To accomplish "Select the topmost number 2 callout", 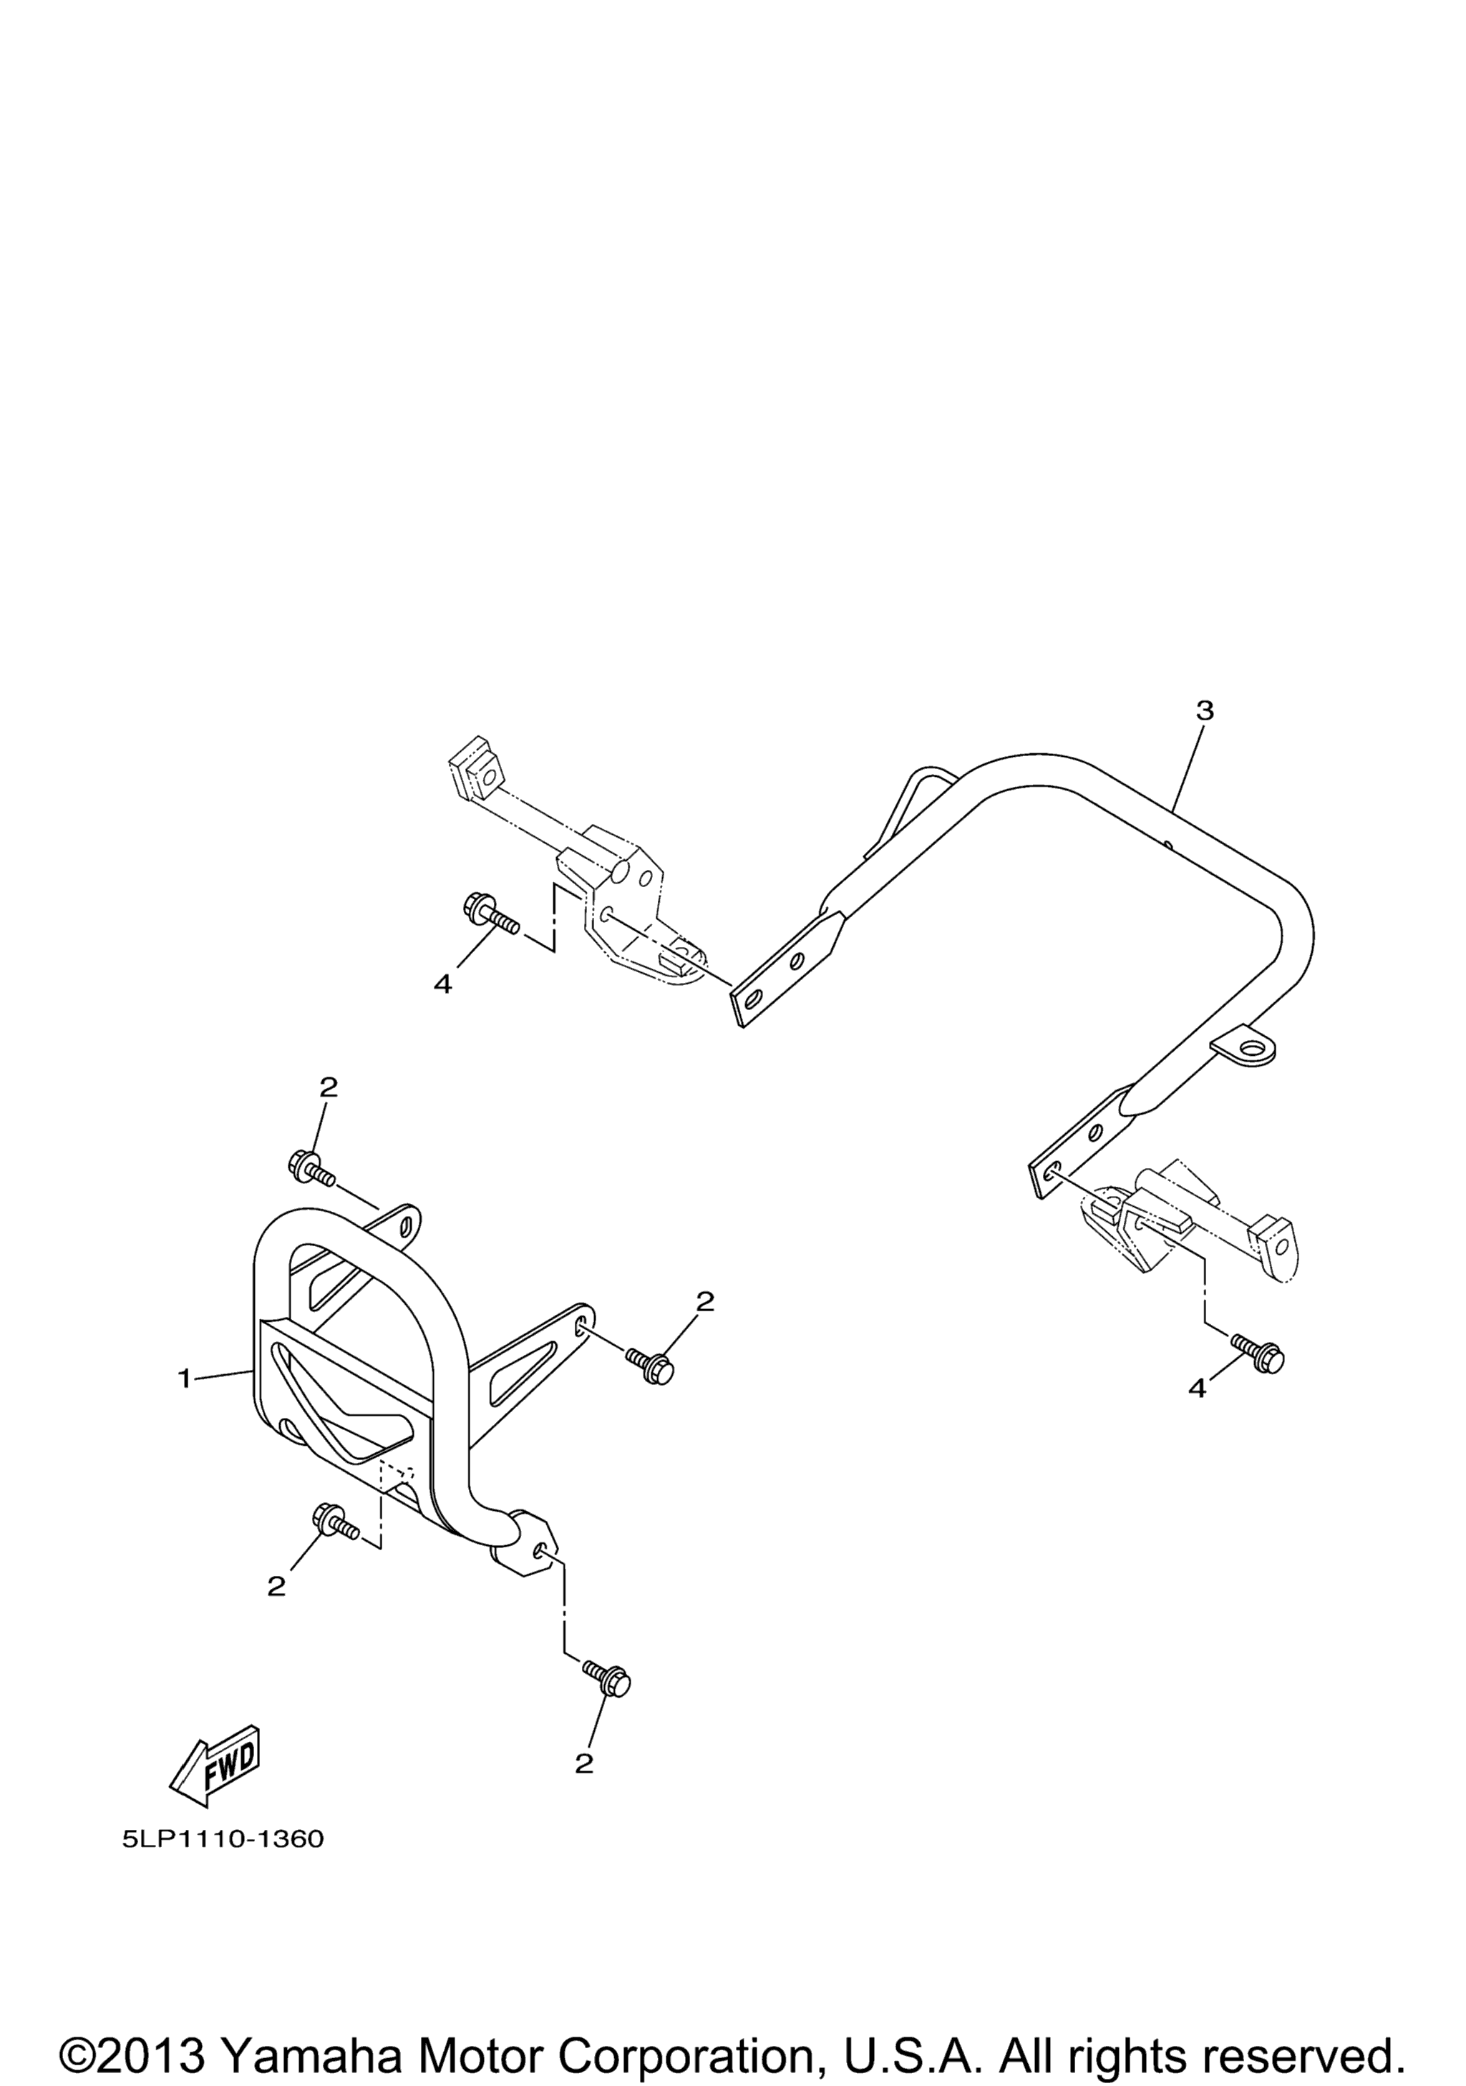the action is click(x=328, y=1087).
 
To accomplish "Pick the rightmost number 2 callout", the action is click(x=704, y=1302).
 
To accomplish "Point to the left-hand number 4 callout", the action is click(x=442, y=984).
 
